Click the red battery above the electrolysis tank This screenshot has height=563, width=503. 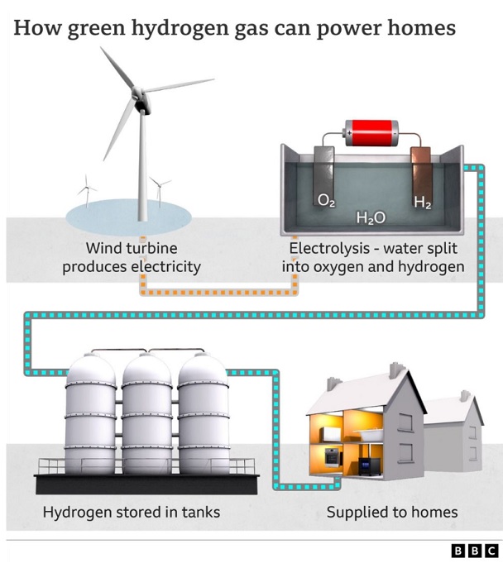click(x=371, y=131)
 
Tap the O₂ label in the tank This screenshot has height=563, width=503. click(x=328, y=200)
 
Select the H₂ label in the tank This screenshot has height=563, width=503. click(x=422, y=200)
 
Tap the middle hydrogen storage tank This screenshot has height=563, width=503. click(x=147, y=413)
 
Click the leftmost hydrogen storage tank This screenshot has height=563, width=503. click(x=90, y=413)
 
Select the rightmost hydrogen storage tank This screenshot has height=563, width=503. click(x=204, y=413)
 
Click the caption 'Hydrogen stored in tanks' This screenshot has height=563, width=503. click(x=132, y=513)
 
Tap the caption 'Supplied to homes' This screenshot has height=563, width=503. click(x=392, y=513)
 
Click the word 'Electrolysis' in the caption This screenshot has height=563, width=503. click(x=323, y=248)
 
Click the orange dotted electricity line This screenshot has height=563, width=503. click(x=219, y=292)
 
